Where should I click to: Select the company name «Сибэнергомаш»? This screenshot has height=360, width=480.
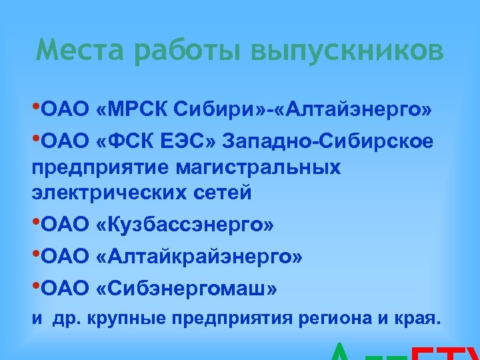pos(187,289)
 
